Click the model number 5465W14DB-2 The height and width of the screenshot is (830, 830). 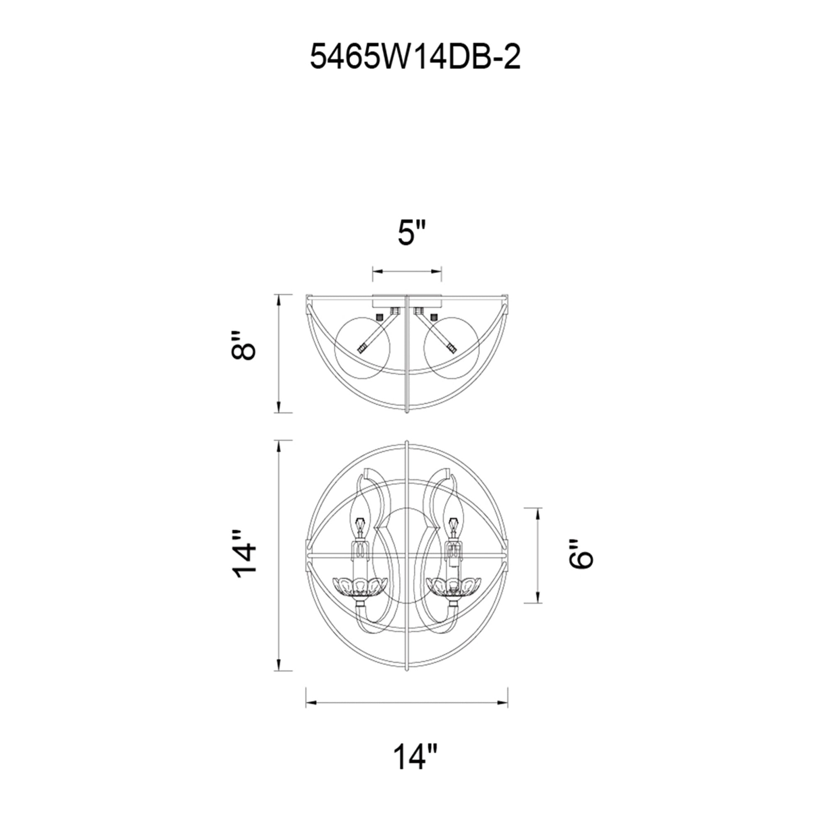click(415, 57)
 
